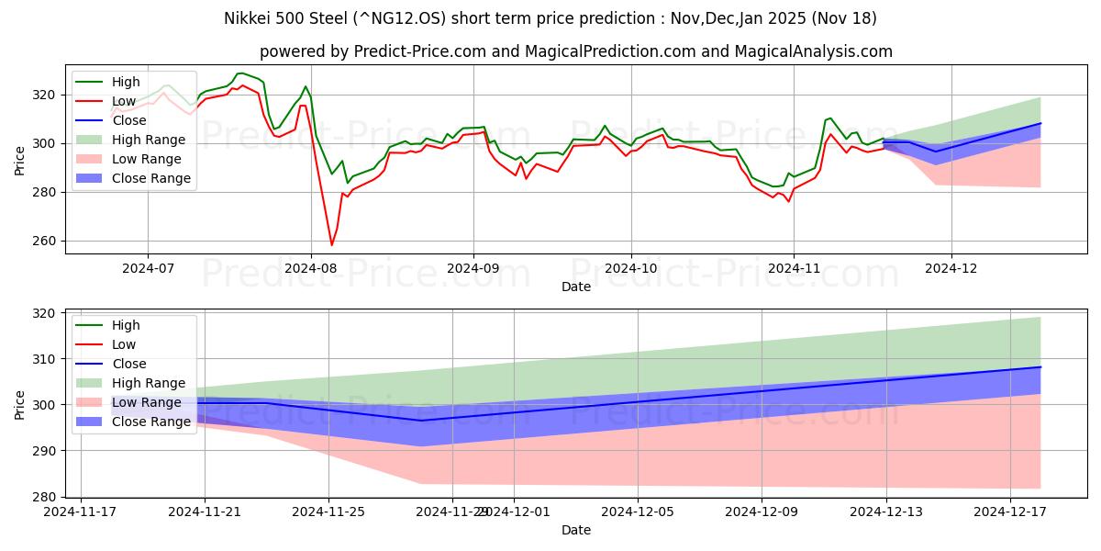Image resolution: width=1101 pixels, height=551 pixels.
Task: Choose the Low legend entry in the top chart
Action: point(124,101)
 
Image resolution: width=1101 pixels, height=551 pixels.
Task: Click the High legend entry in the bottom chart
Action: point(125,325)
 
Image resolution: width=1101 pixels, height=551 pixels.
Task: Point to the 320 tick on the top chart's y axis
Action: point(45,95)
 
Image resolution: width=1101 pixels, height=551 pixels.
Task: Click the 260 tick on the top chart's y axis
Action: point(45,242)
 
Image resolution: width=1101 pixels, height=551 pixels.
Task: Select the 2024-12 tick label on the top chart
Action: point(951,269)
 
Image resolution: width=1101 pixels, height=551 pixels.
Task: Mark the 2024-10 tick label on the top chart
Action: point(630,269)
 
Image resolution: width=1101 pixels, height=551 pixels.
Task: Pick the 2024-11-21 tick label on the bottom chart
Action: point(205,512)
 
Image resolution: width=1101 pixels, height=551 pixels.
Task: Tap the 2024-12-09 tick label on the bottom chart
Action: point(762,512)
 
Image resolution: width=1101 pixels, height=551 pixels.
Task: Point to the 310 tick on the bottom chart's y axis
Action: point(45,359)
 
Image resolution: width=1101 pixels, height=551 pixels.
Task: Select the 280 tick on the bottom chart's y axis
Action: point(45,497)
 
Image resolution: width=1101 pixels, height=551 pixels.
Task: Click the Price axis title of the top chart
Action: point(20,160)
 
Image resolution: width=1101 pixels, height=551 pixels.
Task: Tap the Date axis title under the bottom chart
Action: point(575,530)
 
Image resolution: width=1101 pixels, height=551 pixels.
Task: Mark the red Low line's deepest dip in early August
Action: point(331,245)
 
